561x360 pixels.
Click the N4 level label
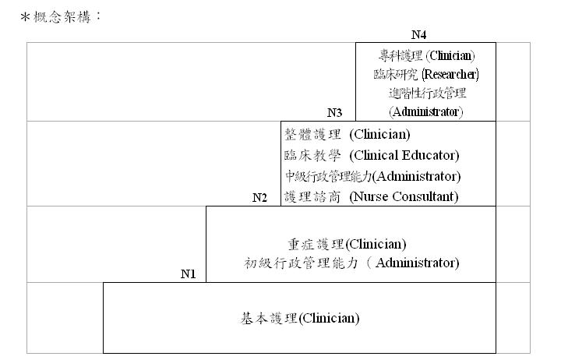click(418, 35)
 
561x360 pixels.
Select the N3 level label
click(334, 113)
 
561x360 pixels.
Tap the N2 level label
click(259, 198)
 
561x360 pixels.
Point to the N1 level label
click(189, 274)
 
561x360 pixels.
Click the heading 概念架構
click(62, 17)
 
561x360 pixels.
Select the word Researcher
click(450, 75)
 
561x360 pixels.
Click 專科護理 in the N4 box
click(400, 56)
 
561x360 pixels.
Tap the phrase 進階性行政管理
click(427, 94)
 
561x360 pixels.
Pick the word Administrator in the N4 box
click(425, 112)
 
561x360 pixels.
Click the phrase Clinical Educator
click(404, 155)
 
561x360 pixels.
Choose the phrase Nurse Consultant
click(404, 196)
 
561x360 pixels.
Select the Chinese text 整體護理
click(312, 135)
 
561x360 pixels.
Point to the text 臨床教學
click(312, 155)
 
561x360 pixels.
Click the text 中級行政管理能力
click(329, 176)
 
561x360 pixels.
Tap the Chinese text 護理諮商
click(312, 196)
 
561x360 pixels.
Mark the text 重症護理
click(316, 245)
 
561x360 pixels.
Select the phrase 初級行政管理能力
click(302, 263)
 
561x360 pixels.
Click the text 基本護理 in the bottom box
click(269, 318)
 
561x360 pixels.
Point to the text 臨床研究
click(396, 75)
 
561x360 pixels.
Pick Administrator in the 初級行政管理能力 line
click(416, 263)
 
